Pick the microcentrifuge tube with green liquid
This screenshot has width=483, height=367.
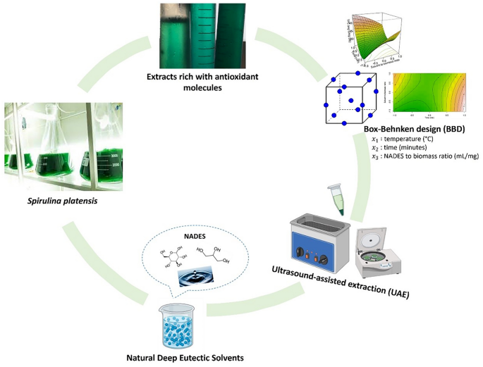336,198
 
